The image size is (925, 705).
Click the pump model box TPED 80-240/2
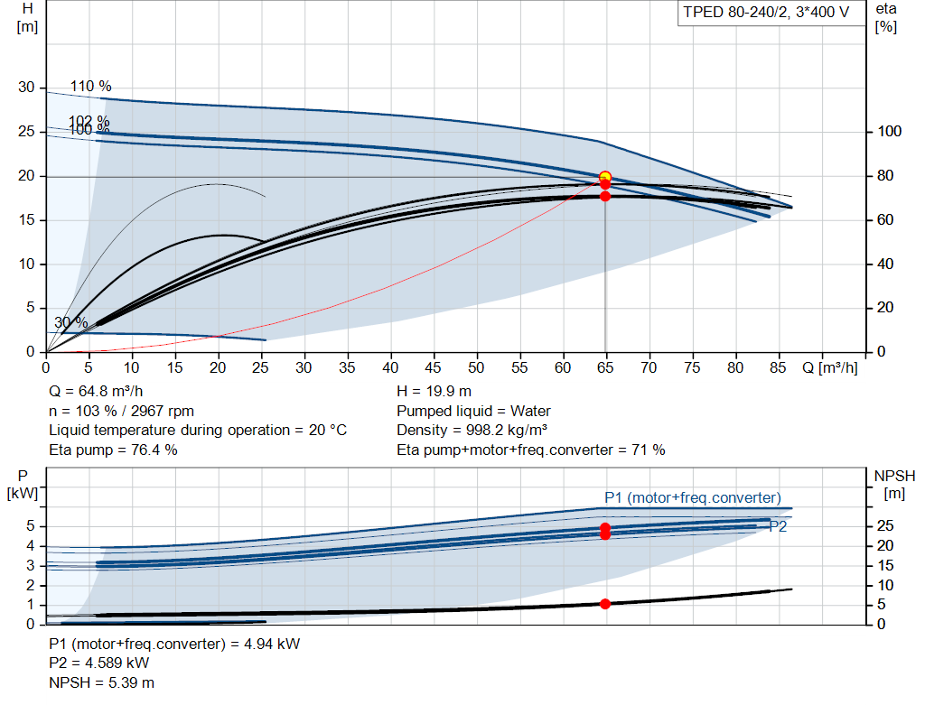pos(766,13)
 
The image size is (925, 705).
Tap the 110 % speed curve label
pos(91,86)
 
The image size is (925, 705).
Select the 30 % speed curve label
pos(70,322)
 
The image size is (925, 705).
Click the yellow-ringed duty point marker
pos(604,177)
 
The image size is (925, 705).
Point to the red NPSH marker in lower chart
pos(604,604)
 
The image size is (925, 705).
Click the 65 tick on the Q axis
pos(605,367)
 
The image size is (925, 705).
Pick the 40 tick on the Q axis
pos(390,367)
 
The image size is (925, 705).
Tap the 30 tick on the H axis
pos(26,88)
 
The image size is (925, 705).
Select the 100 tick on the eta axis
pos(889,132)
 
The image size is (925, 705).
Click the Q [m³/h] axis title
pos(829,367)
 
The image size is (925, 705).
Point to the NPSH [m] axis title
pos(894,485)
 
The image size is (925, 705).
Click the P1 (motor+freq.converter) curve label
pos(693,498)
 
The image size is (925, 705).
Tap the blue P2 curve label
pos(778,526)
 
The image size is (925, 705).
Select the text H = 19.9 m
pos(434,392)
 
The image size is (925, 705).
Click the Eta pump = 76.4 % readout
pos(113,450)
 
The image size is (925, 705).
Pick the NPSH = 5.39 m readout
pos(101,682)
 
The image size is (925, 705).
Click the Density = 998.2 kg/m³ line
pos(472,431)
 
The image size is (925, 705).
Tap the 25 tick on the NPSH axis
pos(885,525)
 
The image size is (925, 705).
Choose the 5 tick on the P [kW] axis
pos(30,526)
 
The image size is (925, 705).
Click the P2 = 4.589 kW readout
pos(99,663)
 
